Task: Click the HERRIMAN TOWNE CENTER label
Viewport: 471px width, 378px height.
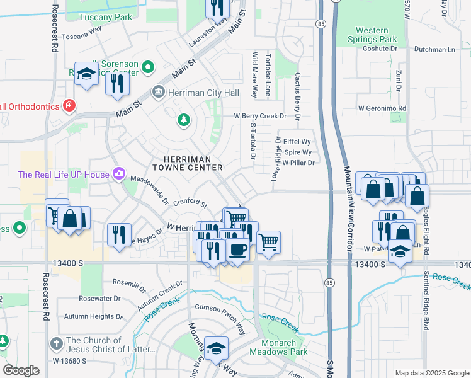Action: point(188,163)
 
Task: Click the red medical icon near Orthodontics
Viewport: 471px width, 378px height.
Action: point(69,106)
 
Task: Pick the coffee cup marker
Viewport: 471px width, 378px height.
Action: point(237,249)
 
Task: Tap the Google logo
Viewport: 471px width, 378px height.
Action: point(21,370)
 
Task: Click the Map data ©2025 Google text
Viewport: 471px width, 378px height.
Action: point(431,373)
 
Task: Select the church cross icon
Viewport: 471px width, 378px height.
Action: point(56,345)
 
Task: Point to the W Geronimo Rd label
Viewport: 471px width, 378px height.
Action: point(381,108)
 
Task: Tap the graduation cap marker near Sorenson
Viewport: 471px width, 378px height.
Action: point(86,74)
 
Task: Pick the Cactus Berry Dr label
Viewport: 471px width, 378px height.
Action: point(297,96)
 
